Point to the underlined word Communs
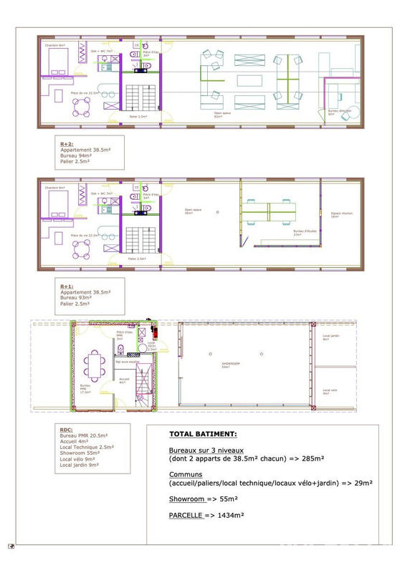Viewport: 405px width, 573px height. (185, 474)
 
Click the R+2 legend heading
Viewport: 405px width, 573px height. (68, 143)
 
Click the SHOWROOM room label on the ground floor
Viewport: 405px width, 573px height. (231, 364)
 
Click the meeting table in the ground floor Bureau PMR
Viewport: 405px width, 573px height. (93, 367)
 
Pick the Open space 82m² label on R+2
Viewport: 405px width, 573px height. (221, 114)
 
